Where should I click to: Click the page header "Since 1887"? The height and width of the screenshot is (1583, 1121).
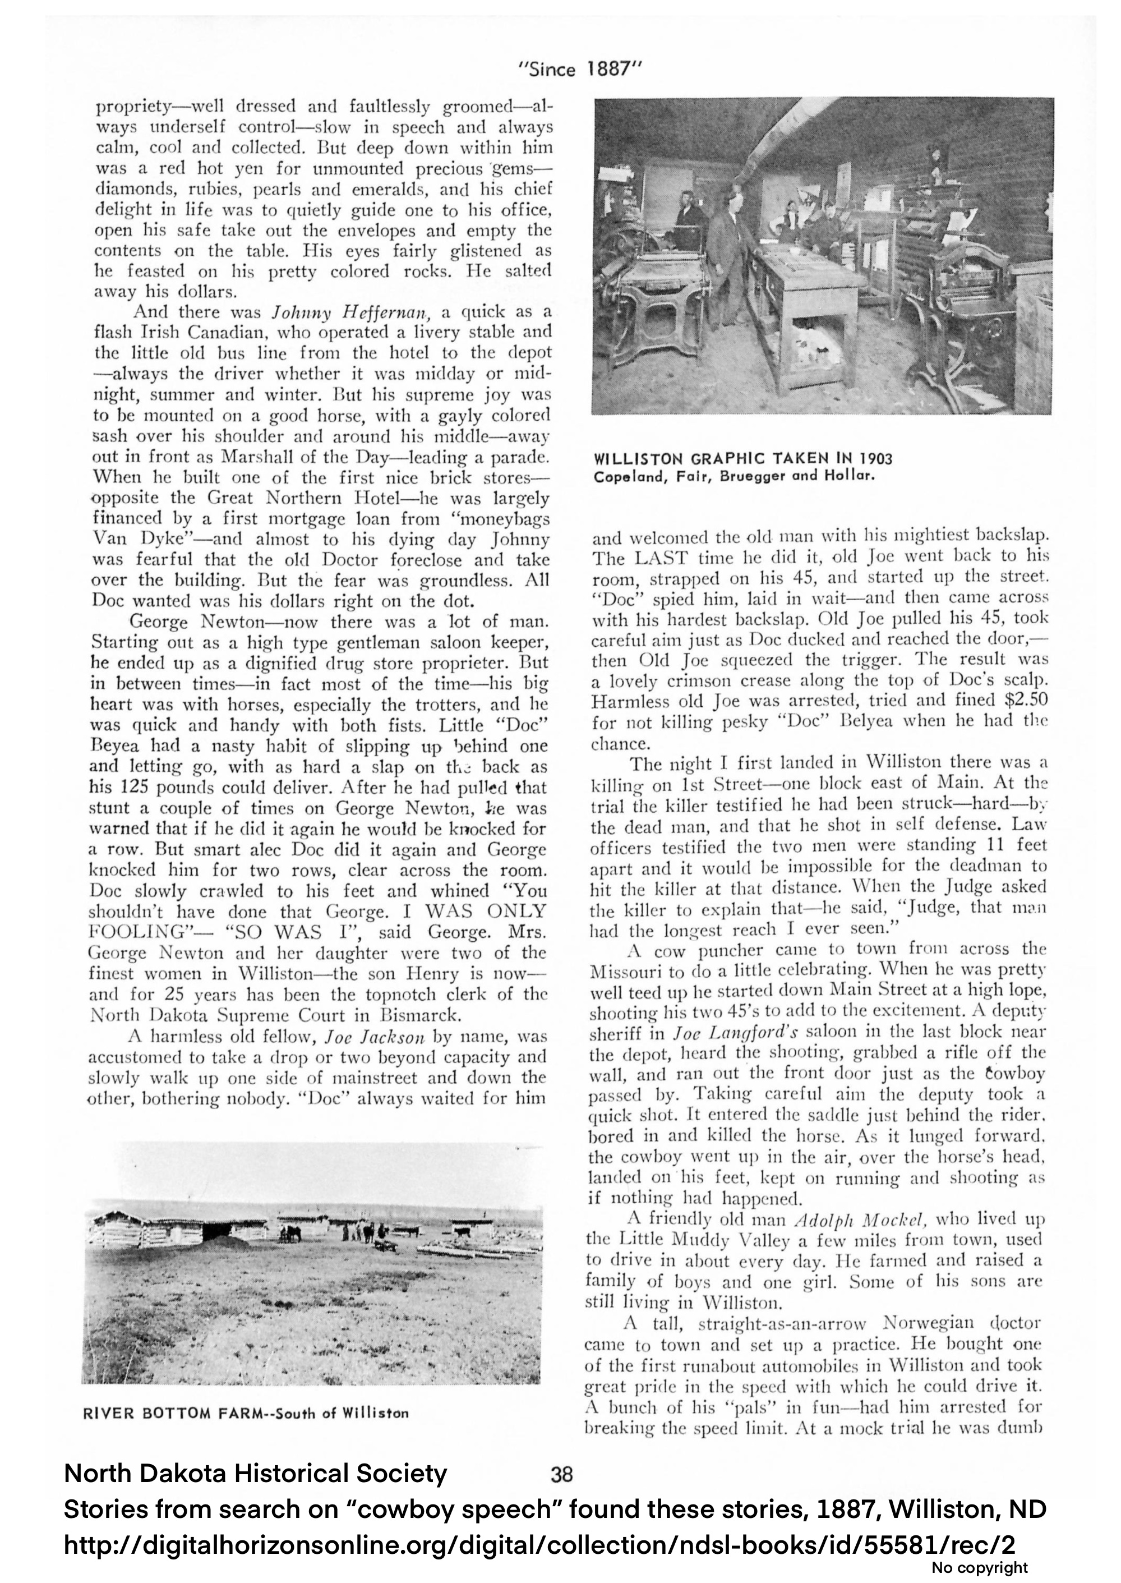coord(580,69)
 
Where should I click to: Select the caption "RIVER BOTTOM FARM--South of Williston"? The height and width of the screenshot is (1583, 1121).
coord(245,1413)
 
